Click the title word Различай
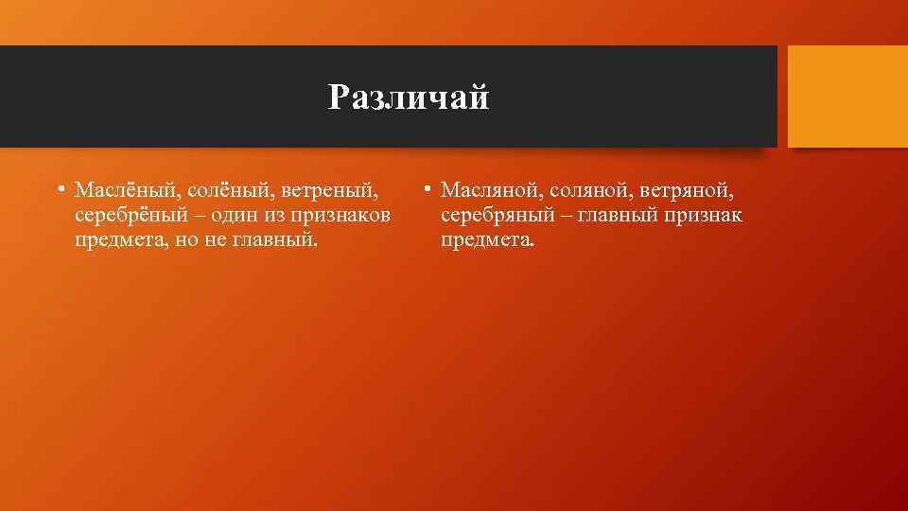click(x=409, y=97)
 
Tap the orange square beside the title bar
click(x=847, y=97)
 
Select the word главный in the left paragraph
click(x=273, y=240)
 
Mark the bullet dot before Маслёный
click(x=60, y=189)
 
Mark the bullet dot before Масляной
click(x=428, y=189)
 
